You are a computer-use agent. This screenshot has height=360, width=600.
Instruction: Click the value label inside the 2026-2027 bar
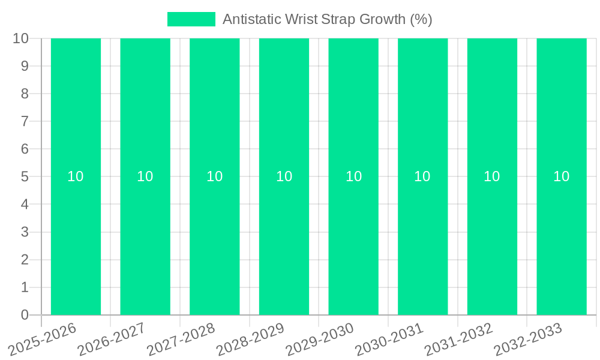pyautogui.click(x=145, y=176)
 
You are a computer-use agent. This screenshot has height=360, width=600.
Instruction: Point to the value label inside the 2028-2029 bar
pyautogui.click(x=284, y=176)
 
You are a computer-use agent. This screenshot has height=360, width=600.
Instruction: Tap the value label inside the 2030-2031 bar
pyautogui.click(x=422, y=176)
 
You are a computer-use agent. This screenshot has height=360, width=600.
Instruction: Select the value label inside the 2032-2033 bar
pyautogui.click(x=562, y=176)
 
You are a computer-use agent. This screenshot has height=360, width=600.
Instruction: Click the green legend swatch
pyautogui.click(x=191, y=19)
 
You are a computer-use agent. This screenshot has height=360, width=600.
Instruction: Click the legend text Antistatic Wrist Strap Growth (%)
pyautogui.click(x=327, y=19)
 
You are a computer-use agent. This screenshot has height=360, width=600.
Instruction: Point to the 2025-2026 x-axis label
pyautogui.click(x=44, y=338)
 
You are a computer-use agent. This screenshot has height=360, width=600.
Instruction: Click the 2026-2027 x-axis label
pyautogui.click(x=113, y=338)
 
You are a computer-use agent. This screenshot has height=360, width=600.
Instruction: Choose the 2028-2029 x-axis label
pyautogui.click(x=251, y=338)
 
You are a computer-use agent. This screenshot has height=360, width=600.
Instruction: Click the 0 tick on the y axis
pyautogui.click(x=25, y=315)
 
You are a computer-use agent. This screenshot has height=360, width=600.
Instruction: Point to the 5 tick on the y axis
pyautogui.click(x=25, y=176)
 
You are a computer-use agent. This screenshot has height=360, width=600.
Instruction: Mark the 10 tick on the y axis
pyautogui.click(x=21, y=38)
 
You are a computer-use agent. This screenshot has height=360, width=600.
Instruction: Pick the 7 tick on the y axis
pyautogui.click(x=25, y=121)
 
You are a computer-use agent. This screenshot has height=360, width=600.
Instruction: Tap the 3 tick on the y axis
pyautogui.click(x=25, y=232)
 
